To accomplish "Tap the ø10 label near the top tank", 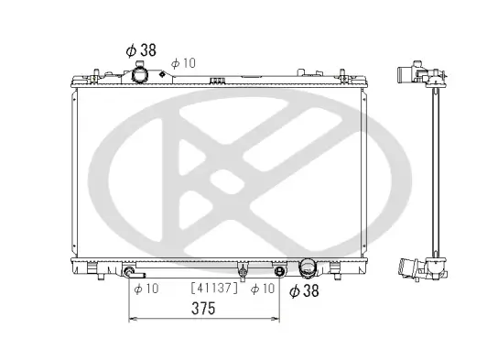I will [x=183, y=62].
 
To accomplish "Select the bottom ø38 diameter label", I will [x=306, y=291].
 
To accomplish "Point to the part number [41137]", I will [x=214, y=288].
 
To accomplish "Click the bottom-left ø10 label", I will [x=146, y=289].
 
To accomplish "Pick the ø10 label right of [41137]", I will [x=264, y=289].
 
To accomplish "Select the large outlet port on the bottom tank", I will [x=306, y=268].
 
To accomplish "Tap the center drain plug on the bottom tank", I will [x=242, y=270].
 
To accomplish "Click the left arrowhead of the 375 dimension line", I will [x=131, y=319].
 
